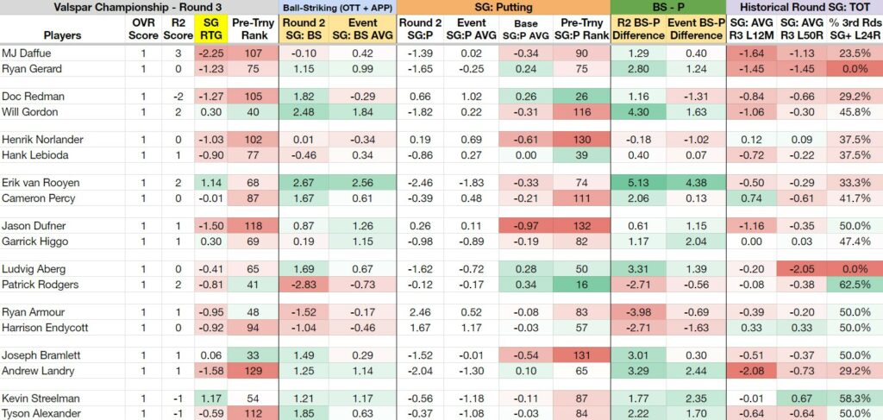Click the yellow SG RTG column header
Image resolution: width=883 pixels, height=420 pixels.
(x=211, y=29)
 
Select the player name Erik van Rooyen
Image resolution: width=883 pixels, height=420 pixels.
(x=41, y=183)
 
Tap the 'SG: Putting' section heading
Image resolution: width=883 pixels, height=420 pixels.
(x=504, y=7)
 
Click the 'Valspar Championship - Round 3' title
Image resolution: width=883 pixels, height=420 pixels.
(x=138, y=7)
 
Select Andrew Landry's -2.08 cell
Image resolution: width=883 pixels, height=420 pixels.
(x=751, y=371)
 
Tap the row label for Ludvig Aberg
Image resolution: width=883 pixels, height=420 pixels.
(x=34, y=268)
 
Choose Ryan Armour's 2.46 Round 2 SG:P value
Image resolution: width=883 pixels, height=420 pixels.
(x=420, y=312)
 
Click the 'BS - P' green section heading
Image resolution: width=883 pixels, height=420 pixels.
(x=668, y=7)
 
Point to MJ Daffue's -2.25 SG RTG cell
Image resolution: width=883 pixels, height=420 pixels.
(x=211, y=53)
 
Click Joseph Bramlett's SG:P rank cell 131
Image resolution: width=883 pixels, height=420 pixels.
(x=582, y=355)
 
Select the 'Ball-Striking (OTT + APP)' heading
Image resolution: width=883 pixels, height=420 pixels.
(x=337, y=7)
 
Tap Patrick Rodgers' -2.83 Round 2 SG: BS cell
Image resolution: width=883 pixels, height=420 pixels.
(x=304, y=285)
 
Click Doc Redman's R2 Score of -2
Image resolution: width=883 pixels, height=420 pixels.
(x=178, y=97)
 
